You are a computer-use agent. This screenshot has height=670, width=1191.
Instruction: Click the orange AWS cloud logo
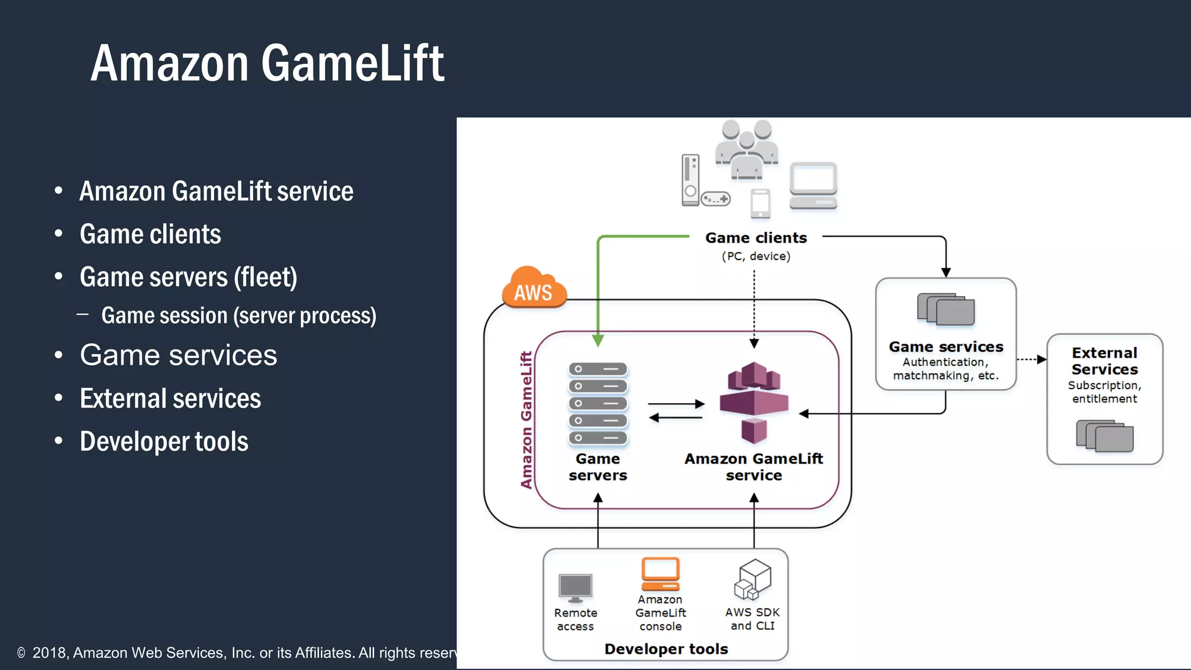tap(534, 287)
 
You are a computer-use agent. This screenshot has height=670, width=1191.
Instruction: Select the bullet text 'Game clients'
tap(150, 234)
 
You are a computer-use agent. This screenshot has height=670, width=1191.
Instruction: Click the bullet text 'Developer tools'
tap(164, 441)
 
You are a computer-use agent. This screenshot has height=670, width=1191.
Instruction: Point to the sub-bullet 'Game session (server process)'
tap(238, 316)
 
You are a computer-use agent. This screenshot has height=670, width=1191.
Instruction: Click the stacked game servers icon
tap(598, 403)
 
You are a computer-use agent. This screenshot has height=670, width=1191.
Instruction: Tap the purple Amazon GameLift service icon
tap(754, 401)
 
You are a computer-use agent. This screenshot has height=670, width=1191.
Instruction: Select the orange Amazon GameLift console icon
tap(661, 574)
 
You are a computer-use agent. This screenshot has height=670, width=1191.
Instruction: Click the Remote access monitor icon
tap(575, 588)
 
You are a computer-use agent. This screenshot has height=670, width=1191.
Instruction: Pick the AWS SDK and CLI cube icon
tap(753, 579)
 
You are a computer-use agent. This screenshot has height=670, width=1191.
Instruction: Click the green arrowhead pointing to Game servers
tap(598, 340)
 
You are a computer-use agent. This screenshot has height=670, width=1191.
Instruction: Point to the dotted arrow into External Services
tap(1032, 359)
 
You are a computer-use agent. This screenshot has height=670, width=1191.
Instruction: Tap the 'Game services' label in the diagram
tap(946, 347)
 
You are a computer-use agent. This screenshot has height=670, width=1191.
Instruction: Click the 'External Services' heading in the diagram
tap(1104, 361)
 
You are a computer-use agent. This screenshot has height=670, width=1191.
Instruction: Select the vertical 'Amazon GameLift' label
tap(526, 420)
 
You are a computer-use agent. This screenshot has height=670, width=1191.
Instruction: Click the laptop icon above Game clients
tap(813, 186)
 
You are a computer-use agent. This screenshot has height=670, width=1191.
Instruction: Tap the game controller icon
tap(715, 199)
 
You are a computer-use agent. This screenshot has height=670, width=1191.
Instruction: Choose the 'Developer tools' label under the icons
tap(666, 649)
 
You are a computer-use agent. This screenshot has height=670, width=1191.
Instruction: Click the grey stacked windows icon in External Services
tap(1104, 436)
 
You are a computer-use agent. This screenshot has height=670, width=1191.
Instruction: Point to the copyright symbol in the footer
tap(22, 653)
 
